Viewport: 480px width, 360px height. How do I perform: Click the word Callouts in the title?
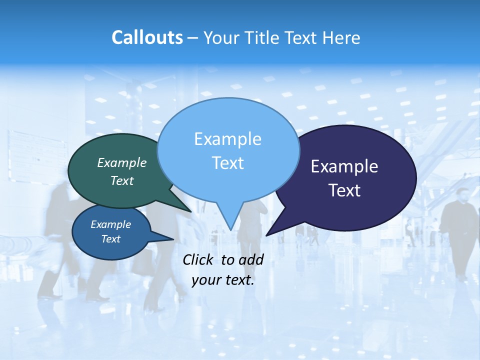pyautogui.click(x=147, y=37)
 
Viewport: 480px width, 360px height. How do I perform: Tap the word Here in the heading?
pyautogui.click(x=341, y=37)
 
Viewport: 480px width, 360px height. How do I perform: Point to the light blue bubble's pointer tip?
pyautogui.click(x=230, y=229)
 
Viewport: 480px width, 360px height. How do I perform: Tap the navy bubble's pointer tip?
pyautogui.click(x=267, y=235)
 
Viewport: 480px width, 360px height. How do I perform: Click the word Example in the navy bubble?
pyautogui.click(x=344, y=166)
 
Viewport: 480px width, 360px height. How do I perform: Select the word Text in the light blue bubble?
pyautogui.click(x=228, y=163)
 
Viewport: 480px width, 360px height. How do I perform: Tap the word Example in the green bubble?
pyautogui.click(x=122, y=162)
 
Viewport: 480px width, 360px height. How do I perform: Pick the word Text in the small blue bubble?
pyautogui.click(x=111, y=239)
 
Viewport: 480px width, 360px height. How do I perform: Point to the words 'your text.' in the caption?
pyautogui.click(x=223, y=280)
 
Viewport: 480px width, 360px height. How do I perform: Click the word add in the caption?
pyautogui.click(x=251, y=259)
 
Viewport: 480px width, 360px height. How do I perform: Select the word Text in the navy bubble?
pyautogui.click(x=344, y=190)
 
